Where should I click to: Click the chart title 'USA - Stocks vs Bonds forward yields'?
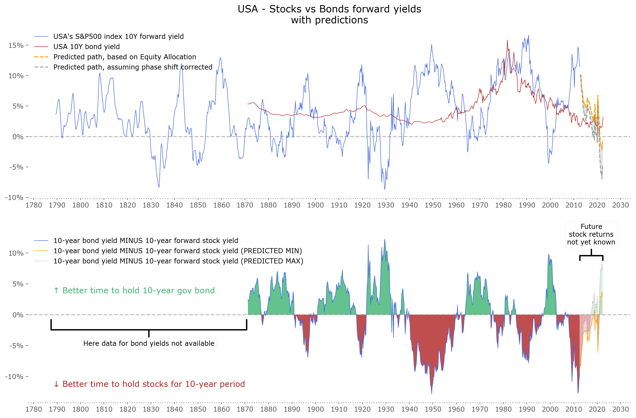tap(329, 9)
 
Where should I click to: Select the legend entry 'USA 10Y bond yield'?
tap(86, 47)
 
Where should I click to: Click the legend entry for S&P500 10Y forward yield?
tap(118, 36)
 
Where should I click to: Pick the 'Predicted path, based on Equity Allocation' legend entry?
tap(125, 57)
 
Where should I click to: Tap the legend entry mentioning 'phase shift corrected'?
tap(133, 67)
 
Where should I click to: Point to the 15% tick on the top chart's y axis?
tap(16, 45)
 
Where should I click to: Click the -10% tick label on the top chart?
tap(14, 198)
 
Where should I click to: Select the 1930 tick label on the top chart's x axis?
tap(386, 205)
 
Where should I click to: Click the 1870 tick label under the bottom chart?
tap(245, 409)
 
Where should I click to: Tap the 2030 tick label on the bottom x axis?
tap(620, 409)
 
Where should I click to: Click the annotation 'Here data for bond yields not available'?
tap(149, 343)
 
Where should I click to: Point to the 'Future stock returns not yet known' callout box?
tap(591, 235)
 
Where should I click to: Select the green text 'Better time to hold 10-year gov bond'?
tap(138, 291)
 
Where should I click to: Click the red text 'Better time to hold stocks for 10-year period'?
tap(153, 384)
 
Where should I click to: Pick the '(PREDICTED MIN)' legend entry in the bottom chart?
tap(177, 251)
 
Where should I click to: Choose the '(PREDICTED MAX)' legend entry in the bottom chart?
tap(178, 261)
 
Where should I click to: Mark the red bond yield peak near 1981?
tap(507, 40)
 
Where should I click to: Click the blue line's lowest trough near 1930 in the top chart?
tap(385, 190)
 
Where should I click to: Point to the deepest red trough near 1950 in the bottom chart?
tap(432, 393)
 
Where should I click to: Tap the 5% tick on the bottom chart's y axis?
tap(18, 284)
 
